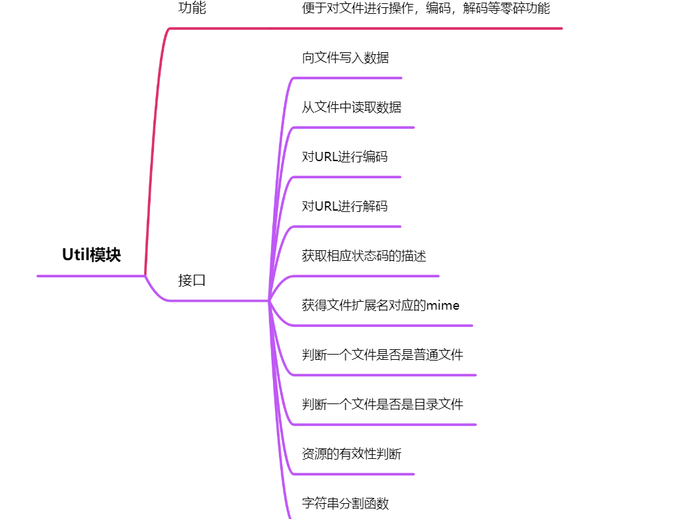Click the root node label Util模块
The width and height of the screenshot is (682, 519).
point(91,255)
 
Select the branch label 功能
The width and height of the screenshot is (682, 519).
point(192,9)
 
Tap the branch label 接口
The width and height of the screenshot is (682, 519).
point(192,280)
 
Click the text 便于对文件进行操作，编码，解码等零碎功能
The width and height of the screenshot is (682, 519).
point(426,9)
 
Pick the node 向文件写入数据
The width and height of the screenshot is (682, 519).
point(345,57)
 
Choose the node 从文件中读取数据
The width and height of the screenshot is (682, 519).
point(352,107)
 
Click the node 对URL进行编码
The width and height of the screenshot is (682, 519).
point(344,156)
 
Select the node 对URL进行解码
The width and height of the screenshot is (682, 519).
point(344,206)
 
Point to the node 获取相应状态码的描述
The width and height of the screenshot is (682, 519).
point(364,256)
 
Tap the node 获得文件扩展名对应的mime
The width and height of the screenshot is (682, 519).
point(381,305)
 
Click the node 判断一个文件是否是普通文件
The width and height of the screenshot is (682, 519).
point(383,355)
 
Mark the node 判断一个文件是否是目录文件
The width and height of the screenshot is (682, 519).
point(383,404)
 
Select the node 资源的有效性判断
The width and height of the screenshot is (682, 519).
point(352,454)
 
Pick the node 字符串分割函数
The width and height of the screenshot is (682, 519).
point(345,503)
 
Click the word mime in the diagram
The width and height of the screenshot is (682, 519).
point(443,305)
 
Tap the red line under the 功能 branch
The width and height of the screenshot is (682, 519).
point(363,28)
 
